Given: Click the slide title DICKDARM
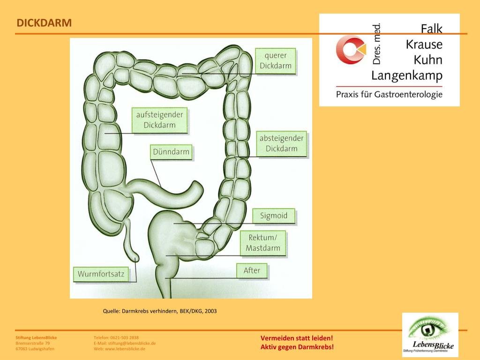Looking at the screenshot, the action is [x=44, y=23].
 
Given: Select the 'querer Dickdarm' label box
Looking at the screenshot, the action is [x=276, y=61].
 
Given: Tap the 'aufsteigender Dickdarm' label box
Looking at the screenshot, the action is [x=159, y=120].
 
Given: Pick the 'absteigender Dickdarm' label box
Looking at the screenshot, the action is [x=281, y=144].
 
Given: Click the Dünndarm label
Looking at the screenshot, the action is [x=171, y=152].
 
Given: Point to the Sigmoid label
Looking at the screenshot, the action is [x=274, y=216].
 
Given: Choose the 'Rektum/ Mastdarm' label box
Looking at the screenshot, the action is [x=263, y=243].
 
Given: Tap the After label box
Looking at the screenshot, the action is [x=252, y=270].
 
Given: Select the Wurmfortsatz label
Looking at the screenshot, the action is [x=101, y=274].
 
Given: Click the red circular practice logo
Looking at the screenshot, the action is [x=350, y=50].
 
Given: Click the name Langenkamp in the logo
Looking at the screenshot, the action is [x=407, y=75].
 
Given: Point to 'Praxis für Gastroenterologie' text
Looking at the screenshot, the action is [x=389, y=94].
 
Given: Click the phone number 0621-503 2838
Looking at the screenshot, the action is [x=124, y=337].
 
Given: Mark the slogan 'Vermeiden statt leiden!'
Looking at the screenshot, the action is [x=297, y=338].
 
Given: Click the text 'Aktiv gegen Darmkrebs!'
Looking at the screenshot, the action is [x=297, y=347].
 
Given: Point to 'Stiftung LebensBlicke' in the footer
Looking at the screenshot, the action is [x=36, y=337].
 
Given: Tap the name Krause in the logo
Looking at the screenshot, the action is [x=424, y=45].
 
